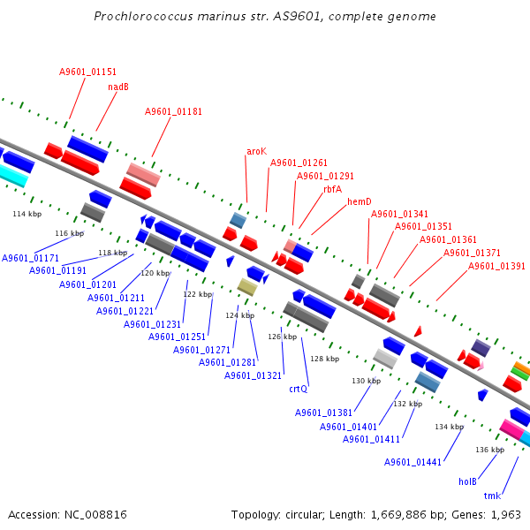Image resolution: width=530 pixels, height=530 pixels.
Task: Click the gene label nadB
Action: (x=118, y=87)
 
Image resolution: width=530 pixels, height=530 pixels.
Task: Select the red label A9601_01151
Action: (x=87, y=72)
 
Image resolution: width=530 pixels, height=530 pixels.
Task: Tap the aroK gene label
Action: (x=256, y=152)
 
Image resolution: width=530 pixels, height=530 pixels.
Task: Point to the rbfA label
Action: (x=332, y=188)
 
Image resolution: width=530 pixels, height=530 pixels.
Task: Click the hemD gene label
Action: (x=359, y=201)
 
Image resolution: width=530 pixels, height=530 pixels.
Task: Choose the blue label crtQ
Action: (x=298, y=388)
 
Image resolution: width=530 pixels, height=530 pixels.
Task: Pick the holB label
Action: (x=467, y=481)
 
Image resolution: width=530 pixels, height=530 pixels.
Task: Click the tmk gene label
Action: (x=492, y=496)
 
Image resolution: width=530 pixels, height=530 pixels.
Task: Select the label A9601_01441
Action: (x=413, y=462)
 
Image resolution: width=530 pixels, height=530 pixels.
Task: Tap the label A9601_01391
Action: (x=496, y=266)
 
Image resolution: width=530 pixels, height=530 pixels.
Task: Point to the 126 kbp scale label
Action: (x=283, y=337)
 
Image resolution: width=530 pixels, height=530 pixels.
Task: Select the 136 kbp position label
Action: (x=488, y=450)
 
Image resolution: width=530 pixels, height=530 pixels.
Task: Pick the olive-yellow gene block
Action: (x=247, y=286)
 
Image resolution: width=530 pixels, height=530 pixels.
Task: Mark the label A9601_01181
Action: (x=173, y=111)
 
